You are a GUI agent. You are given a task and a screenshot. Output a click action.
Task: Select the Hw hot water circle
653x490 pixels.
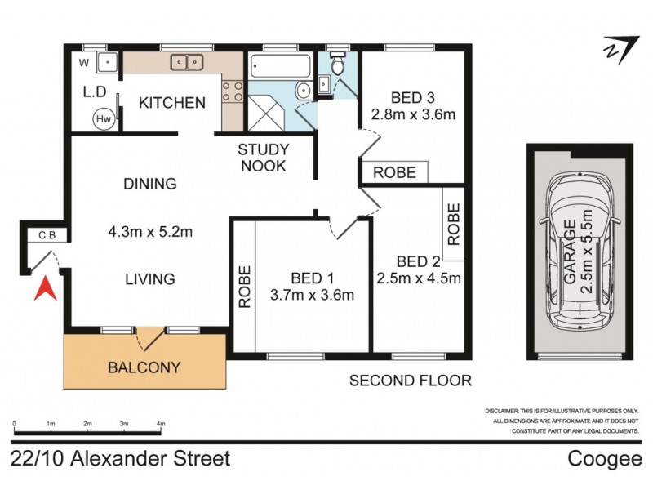[x=104, y=118]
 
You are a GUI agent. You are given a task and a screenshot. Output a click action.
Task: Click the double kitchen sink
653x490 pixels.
[x=187, y=62]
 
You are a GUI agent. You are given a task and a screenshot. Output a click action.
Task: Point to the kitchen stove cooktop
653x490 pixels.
[x=233, y=91]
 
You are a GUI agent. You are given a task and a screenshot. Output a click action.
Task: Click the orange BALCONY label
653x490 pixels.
[x=144, y=367]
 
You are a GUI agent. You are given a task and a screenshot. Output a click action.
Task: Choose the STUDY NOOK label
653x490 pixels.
[x=263, y=158]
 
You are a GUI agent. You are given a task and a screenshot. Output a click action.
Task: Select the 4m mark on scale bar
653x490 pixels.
[x=161, y=425]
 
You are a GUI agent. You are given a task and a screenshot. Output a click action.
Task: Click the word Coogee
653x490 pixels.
[x=605, y=459]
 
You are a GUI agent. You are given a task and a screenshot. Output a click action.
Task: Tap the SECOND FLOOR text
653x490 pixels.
[x=411, y=380]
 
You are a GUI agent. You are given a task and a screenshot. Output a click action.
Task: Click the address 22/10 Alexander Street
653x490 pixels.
[x=121, y=459]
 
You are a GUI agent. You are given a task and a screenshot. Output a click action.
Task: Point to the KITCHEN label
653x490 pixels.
[x=171, y=103]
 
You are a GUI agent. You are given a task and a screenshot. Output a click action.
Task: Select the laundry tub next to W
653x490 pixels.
[x=106, y=62]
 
